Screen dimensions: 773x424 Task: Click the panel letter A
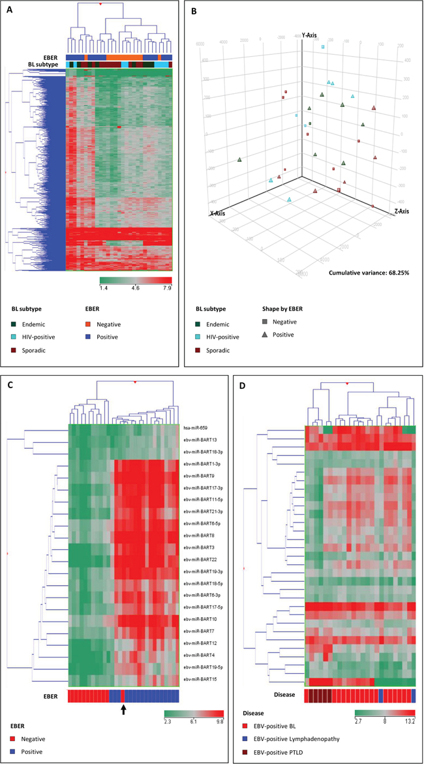pyautogui.click(x=9, y=10)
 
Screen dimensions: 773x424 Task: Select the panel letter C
pyautogui.click(x=9, y=384)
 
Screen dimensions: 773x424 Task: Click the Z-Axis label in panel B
pyautogui.click(x=402, y=211)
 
